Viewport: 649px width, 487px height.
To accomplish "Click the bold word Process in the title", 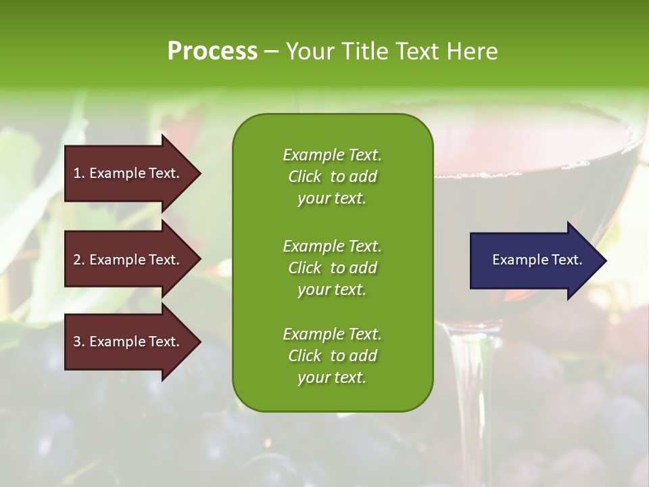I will tap(212, 51).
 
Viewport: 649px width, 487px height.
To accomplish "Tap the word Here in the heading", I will tap(472, 51).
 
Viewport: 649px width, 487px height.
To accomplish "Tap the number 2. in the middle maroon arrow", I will tap(79, 260).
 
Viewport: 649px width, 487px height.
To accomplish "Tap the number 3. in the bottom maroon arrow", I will tap(79, 342).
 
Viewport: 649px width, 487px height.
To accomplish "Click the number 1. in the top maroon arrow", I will tap(78, 173).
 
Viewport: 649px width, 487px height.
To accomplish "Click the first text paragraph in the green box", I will tap(332, 177).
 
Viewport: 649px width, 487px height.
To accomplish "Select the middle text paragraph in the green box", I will tap(332, 268).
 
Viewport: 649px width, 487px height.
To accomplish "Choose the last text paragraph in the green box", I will tap(332, 356).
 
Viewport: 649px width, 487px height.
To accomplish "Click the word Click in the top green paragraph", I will tap(304, 177).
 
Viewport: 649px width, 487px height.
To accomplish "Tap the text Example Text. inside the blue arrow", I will tap(537, 260).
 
